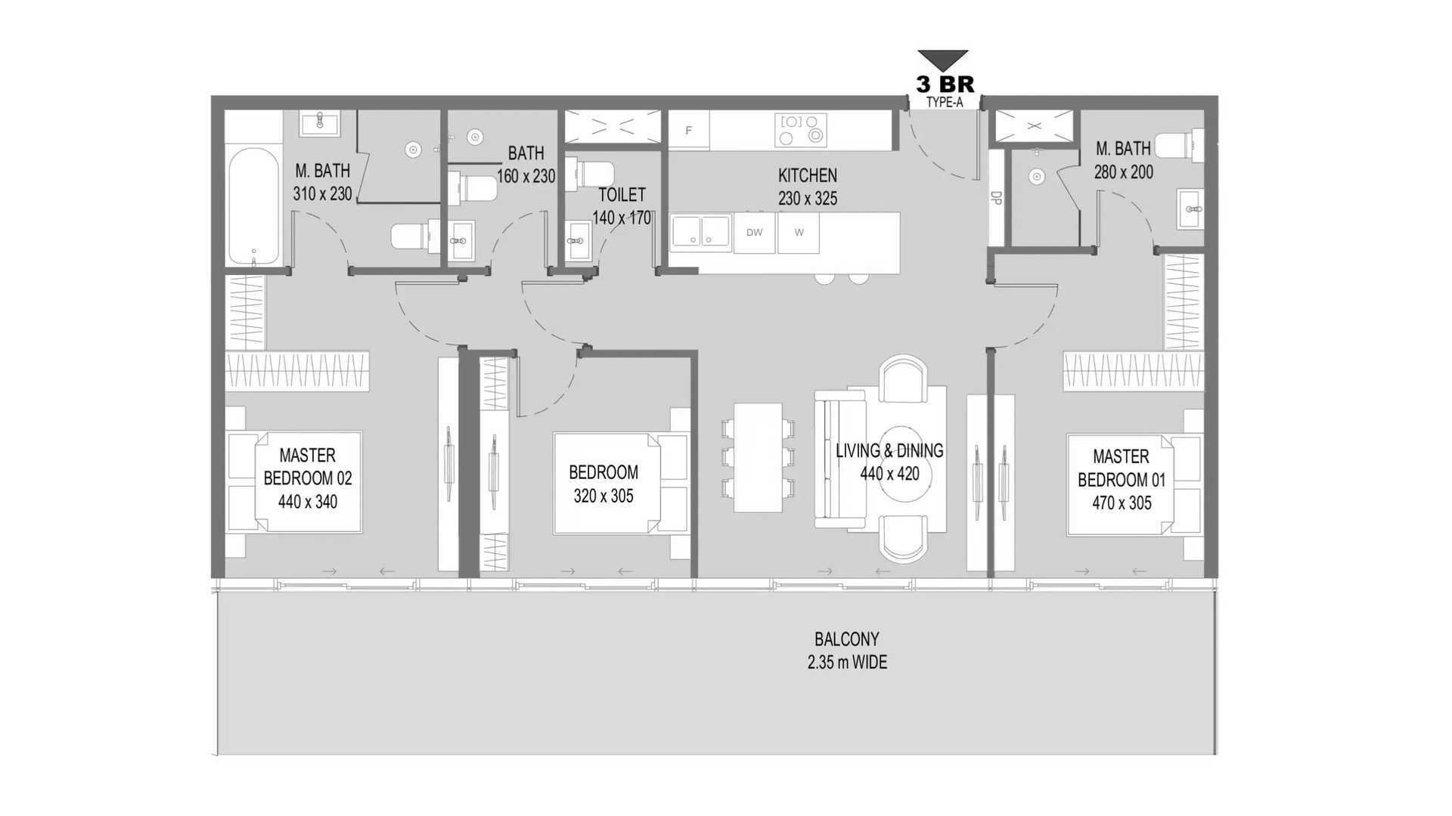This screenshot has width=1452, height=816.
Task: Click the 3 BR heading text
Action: pyautogui.click(x=945, y=83)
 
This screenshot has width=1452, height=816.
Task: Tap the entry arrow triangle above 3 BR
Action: pyautogui.click(x=943, y=60)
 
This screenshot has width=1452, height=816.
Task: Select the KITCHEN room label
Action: pyautogui.click(x=808, y=175)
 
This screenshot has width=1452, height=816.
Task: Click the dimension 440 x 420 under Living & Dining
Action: pyautogui.click(x=889, y=474)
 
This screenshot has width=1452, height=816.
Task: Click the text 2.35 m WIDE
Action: pyautogui.click(x=847, y=663)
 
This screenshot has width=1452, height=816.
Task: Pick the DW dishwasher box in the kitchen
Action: pyautogui.click(x=754, y=233)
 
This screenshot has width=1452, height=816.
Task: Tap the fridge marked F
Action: pyautogui.click(x=688, y=130)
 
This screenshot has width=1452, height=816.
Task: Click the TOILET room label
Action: pyautogui.click(x=622, y=195)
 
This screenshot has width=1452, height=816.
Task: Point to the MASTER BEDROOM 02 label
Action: pyautogui.click(x=307, y=467)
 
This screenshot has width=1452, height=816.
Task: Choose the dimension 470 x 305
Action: pyautogui.click(x=1122, y=503)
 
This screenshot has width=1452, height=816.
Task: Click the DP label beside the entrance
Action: pyautogui.click(x=996, y=198)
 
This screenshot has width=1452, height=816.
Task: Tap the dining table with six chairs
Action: pyautogui.click(x=758, y=457)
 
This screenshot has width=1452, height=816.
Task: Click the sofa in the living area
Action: pyautogui.click(x=839, y=459)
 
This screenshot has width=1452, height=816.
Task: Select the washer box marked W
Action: pyautogui.click(x=799, y=233)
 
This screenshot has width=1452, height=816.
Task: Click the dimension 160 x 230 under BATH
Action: pyautogui.click(x=526, y=176)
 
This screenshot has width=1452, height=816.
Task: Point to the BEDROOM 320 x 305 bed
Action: pyautogui.click(x=622, y=484)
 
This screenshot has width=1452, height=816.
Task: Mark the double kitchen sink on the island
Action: pyautogui.click(x=701, y=230)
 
